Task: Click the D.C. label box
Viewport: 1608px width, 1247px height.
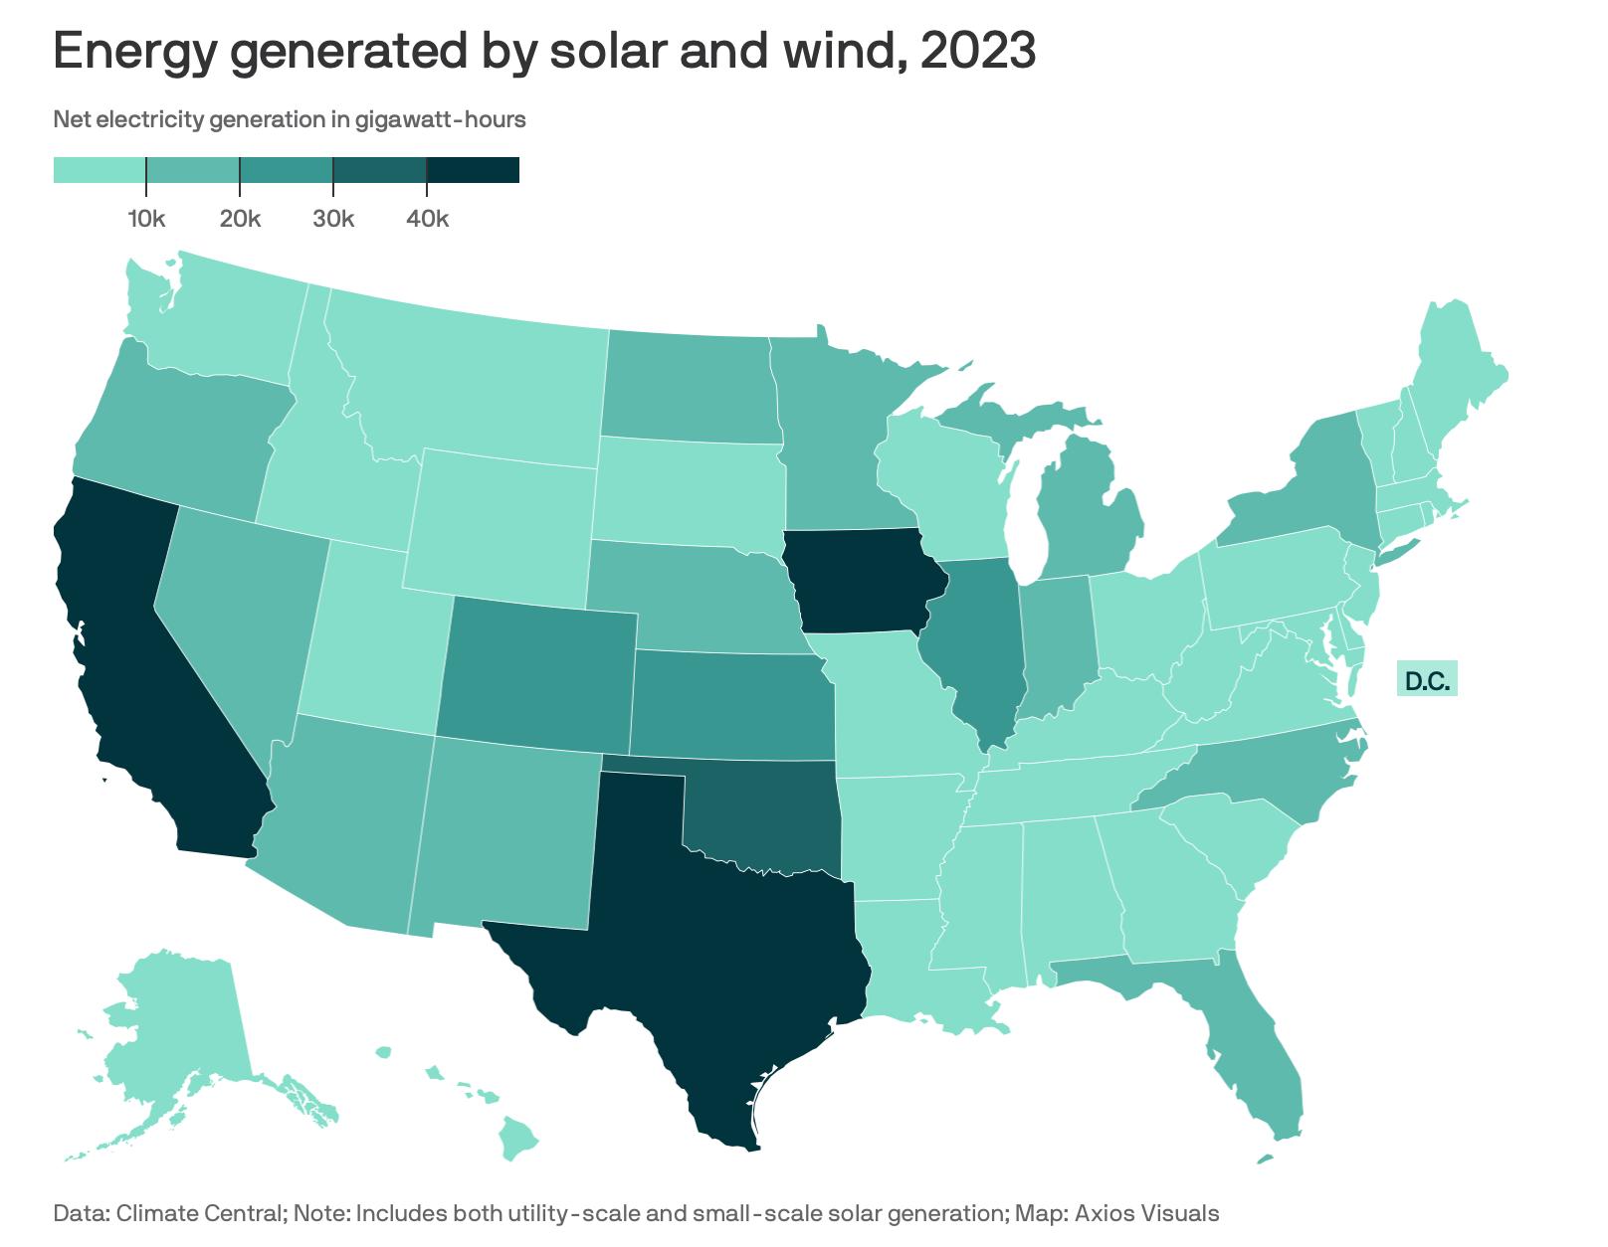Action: (x=1427, y=681)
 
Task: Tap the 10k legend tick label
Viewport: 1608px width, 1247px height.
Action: (x=146, y=219)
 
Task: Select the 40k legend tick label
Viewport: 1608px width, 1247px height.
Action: (x=427, y=219)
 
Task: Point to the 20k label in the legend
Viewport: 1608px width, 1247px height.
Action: (x=240, y=219)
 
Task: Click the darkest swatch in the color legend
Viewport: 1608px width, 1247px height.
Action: (x=473, y=170)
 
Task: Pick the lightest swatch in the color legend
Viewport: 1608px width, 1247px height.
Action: (x=100, y=170)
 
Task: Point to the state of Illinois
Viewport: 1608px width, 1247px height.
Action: (x=980, y=646)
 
